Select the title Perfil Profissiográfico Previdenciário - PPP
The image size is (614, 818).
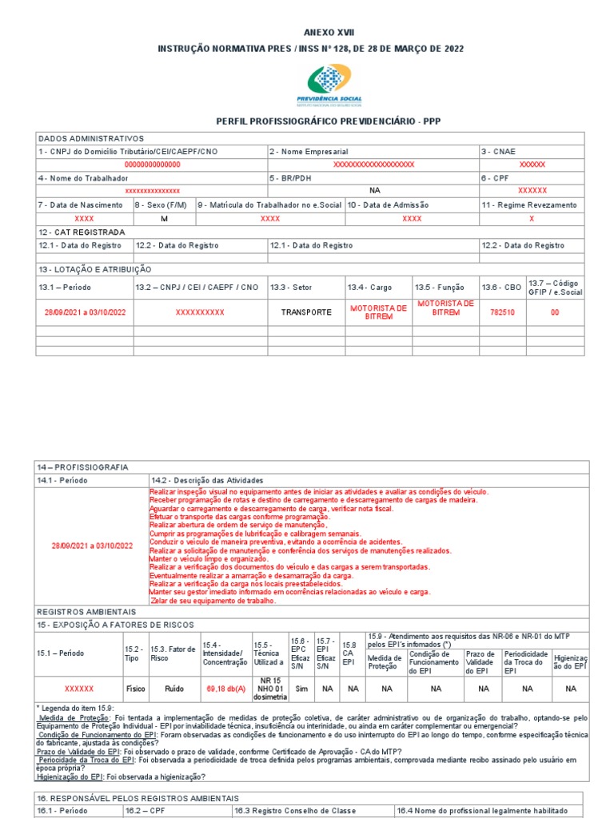coord(328,121)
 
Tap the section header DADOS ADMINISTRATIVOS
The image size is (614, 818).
coord(90,138)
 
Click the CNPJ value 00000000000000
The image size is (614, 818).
coord(152,164)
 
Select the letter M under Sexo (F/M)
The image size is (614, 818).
coord(164,218)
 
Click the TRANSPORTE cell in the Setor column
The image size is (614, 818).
coord(305,312)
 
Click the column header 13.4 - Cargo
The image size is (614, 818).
coord(369,287)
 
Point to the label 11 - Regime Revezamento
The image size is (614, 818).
coord(528,205)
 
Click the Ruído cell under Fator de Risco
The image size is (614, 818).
coord(173,688)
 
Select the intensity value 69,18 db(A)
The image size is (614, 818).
coord(226,688)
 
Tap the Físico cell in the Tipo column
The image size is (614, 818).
coord(135,688)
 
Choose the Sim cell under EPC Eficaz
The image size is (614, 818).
coord(301,688)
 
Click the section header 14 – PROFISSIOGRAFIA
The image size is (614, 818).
coord(82,467)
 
